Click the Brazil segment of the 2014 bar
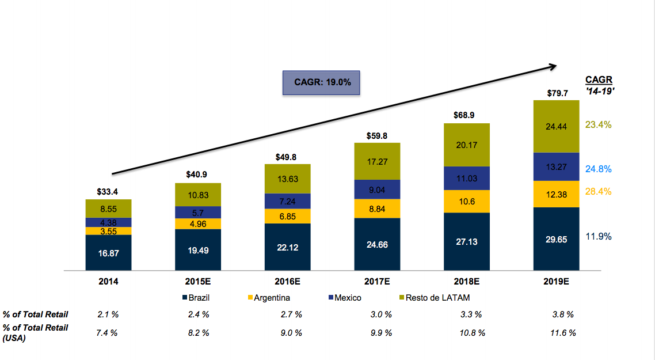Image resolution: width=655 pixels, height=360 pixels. [108, 252]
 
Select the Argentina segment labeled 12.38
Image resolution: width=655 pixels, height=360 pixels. [556, 194]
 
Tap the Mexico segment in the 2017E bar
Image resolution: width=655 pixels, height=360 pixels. [377, 189]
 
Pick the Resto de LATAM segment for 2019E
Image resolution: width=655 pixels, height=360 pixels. [556, 127]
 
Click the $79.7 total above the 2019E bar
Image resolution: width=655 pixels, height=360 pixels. [557, 93]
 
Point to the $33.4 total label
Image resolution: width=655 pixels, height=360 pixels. [108, 192]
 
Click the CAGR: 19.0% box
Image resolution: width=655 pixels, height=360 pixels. [322, 82]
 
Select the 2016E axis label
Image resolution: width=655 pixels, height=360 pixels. [287, 282]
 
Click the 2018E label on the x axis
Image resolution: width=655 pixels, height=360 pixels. [467, 282]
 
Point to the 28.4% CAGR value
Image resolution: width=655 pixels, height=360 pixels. [598, 191]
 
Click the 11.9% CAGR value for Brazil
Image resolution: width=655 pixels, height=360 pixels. [598, 236]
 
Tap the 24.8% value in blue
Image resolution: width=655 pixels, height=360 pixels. [598, 169]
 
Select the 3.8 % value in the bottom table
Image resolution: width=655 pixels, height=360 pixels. [562, 314]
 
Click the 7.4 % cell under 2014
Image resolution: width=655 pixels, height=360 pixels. [106, 333]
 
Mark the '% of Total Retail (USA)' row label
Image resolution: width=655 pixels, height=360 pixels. [35, 333]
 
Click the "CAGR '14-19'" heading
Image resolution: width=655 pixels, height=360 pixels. [599, 85]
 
